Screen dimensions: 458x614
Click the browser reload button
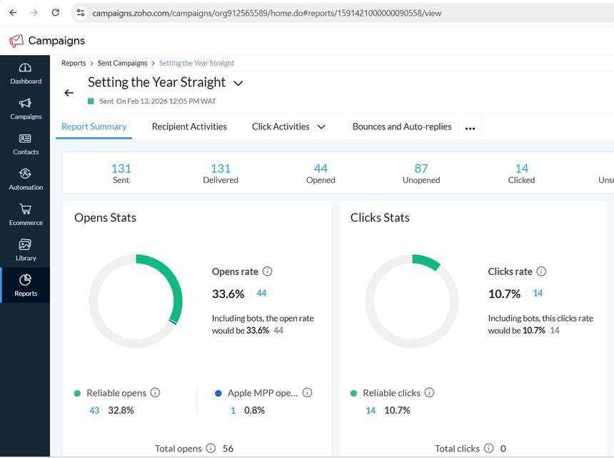[56, 13]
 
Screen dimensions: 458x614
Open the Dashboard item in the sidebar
[26, 73]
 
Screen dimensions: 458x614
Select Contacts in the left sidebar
[26, 144]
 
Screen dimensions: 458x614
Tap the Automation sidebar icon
[26, 179]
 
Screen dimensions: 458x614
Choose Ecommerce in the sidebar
[26, 214]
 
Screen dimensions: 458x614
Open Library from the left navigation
[26, 249]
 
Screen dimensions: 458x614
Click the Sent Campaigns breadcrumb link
[122, 63]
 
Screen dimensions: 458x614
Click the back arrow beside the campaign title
[69, 93]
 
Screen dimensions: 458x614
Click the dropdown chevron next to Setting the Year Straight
[238, 84]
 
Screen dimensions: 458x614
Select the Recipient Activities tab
[189, 126]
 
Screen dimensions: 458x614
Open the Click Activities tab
[281, 126]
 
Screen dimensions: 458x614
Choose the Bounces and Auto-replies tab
[402, 126]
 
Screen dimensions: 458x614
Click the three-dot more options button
[470, 129]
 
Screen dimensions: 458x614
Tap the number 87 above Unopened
[421, 169]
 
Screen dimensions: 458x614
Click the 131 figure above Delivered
[221, 169]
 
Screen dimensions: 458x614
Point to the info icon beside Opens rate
[268, 272]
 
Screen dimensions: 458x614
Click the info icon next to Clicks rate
[541, 272]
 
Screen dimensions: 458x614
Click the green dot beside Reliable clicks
[354, 393]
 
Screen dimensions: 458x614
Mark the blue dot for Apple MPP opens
[218, 393]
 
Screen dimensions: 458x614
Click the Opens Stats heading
[105, 218]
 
